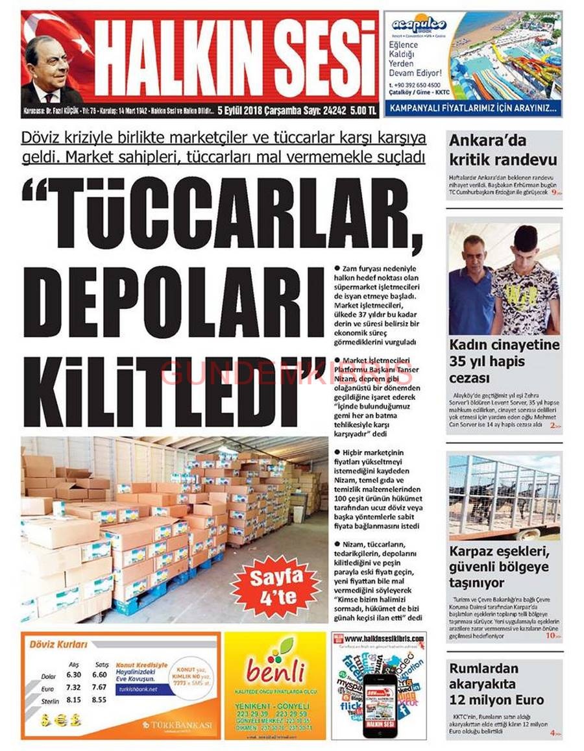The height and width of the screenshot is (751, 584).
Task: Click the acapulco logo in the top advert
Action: [x=419, y=25]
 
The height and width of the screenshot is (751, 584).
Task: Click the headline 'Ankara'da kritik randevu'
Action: [x=502, y=150]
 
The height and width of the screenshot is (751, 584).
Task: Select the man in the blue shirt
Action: [x=471, y=286]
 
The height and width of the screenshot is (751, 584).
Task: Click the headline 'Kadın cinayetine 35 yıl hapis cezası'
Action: [x=504, y=361]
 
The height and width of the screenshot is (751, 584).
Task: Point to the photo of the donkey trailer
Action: [x=504, y=497]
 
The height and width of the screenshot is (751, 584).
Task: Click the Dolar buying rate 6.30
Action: [x=74, y=674]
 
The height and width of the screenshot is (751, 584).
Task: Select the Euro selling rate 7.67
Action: [x=99, y=687]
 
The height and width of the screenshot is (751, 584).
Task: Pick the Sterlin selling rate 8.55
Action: [x=99, y=700]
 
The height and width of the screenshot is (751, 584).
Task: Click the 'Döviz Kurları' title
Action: [x=58, y=645]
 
